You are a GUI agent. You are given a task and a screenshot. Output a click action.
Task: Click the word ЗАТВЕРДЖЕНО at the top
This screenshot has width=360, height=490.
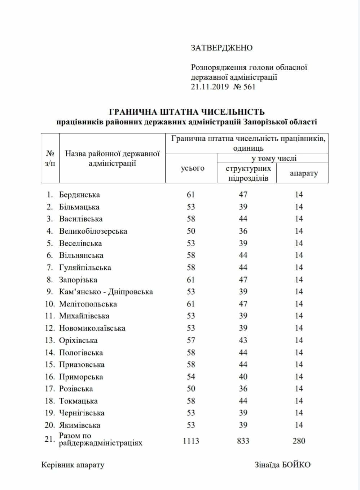tap(221, 48)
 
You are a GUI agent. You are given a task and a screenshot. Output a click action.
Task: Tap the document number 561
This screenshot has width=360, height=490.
tap(249, 87)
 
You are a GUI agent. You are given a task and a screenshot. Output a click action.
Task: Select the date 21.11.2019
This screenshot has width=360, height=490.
tap(210, 87)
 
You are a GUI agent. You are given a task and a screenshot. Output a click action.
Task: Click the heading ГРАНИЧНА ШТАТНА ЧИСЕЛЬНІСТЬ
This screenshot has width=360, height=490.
tap(186, 112)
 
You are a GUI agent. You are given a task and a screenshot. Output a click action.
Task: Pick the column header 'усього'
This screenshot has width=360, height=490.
tap(192, 168)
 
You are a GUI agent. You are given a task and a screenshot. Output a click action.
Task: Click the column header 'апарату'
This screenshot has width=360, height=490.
tap(304, 173)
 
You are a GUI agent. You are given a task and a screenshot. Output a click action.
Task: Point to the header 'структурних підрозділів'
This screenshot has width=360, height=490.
tap(248, 173)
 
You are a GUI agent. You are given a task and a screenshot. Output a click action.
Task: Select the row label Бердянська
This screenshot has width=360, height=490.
tap(79, 195)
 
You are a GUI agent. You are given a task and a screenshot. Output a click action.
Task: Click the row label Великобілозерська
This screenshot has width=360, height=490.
tap(93, 231)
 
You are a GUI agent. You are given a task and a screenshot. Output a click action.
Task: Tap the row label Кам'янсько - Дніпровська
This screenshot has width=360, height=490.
tap(106, 292)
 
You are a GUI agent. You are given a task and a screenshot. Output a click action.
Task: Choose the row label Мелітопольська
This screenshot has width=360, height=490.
tap(88, 304)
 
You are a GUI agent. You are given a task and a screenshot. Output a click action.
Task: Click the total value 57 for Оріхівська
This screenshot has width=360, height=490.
tap(191, 340)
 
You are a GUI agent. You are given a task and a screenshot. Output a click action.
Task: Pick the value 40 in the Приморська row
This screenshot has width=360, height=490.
tap(243, 377)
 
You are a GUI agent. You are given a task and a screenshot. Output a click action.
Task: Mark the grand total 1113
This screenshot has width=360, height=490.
tap(191, 441)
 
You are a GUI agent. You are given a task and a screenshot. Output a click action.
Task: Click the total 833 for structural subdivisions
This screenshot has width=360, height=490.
tap(243, 441)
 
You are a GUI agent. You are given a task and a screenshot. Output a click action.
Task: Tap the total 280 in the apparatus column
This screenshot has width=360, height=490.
tap(299, 441)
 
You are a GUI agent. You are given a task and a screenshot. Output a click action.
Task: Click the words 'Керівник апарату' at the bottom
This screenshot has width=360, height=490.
tap(73, 465)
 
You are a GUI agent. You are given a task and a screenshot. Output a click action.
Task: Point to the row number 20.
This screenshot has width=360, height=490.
tap(49, 425)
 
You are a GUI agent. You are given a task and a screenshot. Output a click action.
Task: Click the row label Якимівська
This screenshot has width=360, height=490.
tap(79, 425)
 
